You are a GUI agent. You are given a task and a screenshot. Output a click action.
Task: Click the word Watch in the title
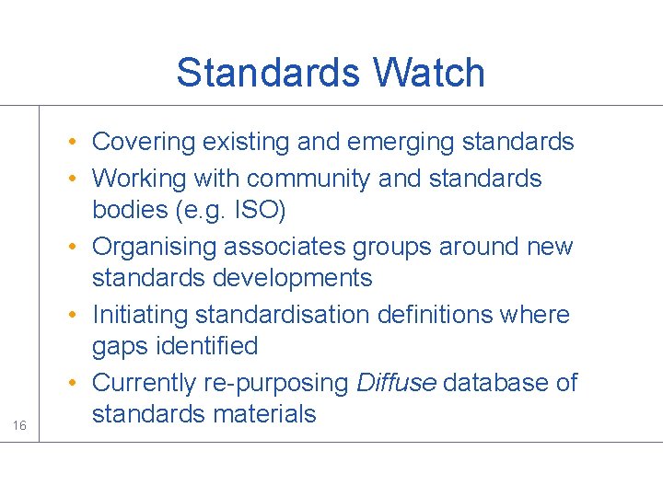pos(429,73)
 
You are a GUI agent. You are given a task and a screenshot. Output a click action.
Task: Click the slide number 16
pos(18,425)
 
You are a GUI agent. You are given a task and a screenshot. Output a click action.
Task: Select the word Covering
pos(145,142)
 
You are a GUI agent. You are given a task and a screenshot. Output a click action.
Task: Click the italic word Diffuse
pos(396,383)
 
